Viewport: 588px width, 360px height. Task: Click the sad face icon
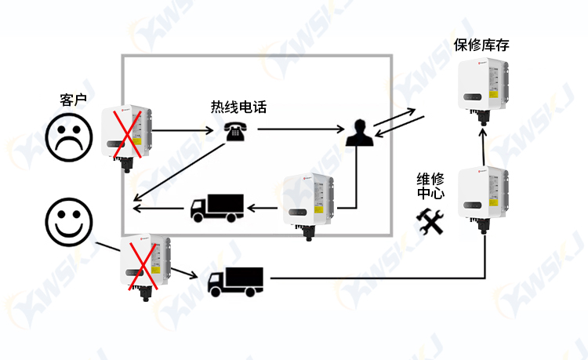69,137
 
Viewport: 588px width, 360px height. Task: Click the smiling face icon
69,222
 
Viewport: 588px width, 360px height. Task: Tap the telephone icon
235,132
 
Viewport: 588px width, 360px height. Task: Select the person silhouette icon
359,133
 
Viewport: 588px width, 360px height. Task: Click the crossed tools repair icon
430,222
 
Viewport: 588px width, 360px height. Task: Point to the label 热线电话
238,107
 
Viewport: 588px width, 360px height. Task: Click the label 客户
73,100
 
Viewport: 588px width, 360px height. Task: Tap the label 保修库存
481,45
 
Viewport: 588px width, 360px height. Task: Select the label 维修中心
430,186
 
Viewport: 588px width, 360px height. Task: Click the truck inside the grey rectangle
217,208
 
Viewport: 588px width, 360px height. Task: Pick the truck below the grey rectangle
235,282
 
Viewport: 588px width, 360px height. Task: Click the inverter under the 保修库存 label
484,90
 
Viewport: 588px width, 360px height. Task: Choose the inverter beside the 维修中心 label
484,200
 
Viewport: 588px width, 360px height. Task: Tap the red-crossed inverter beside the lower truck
145,267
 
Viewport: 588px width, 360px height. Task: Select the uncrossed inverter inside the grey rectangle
308,206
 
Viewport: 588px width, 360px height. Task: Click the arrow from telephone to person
301,129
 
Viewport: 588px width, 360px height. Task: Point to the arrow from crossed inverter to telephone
183,130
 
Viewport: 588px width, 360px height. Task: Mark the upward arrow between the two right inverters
484,147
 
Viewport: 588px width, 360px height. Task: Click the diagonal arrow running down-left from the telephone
180,172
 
